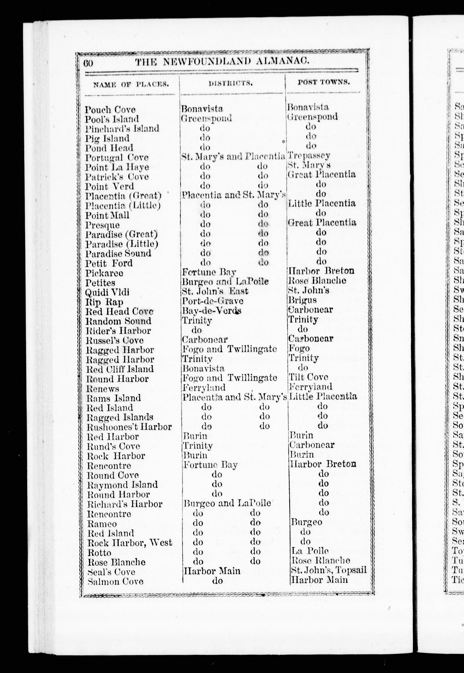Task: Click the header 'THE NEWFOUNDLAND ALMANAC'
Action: point(221,62)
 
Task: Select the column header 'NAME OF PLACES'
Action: point(131,84)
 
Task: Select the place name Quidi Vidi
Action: point(107,292)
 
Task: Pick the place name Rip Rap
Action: point(104,302)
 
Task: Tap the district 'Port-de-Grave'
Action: point(212,301)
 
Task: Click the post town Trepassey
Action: point(309,156)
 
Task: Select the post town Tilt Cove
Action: point(308,377)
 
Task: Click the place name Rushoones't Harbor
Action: point(129,427)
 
